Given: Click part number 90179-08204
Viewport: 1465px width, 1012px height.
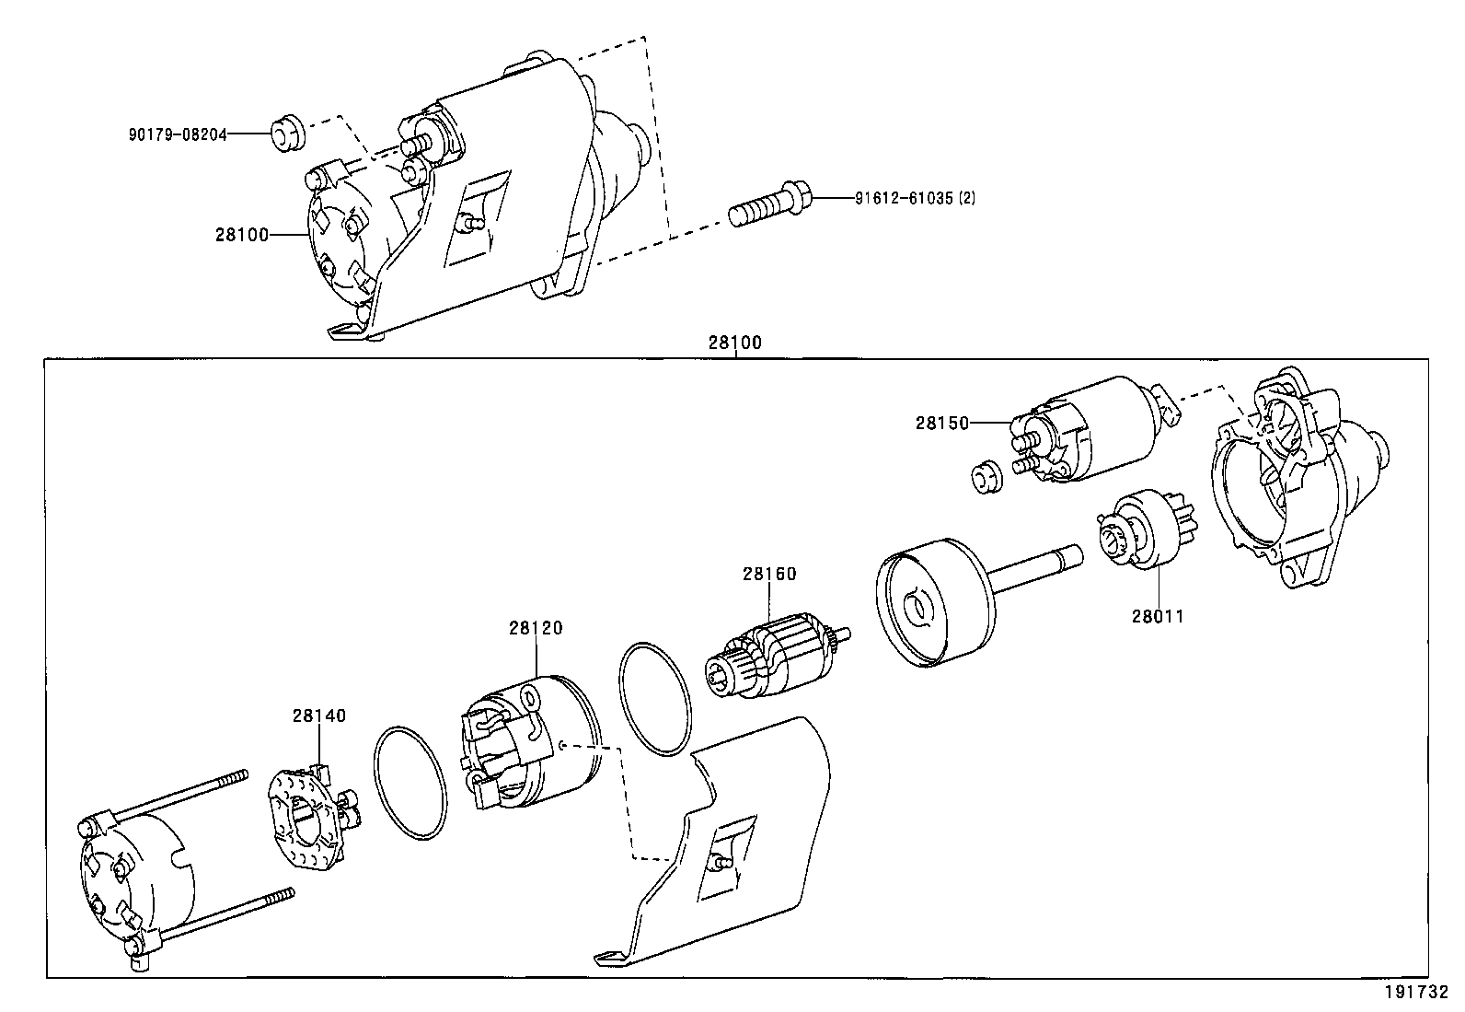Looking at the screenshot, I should pyautogui.click(x=177, y=134).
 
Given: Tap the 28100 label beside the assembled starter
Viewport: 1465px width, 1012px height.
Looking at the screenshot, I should pyautogui.click(x=242, y=235).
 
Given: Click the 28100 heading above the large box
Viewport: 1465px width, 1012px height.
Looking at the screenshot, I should pyautogui.click(x=735, y=343).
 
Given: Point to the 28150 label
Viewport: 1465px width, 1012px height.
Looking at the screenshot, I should pyautogui.click(x=942, y=424).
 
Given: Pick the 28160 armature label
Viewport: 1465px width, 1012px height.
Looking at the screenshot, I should pyautogui.click(x=769, y=575).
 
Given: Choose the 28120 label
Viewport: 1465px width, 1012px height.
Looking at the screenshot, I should pyautogui.click(x=535, y=628).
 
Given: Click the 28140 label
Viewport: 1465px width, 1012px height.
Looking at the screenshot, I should pyautogui.click(x=319, y=715).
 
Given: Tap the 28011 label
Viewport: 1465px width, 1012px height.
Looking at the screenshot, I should pyautogui.click(x=1158, y=617).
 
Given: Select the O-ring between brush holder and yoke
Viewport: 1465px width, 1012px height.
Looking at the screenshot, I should pyautogui.click(x=410, y=783).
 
